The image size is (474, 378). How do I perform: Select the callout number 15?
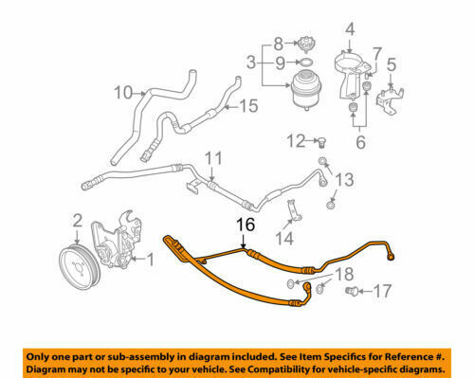coord(248,106)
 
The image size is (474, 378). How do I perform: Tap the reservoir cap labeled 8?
coord(304,43)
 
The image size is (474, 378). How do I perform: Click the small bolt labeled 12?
coord(322,144)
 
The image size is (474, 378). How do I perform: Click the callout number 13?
coord(346,180)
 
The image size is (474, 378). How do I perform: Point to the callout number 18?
coord(346,275)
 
